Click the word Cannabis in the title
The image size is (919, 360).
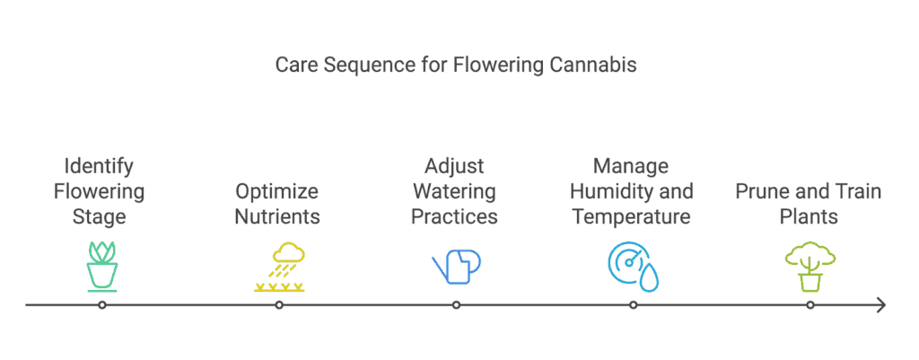(x=594, y=65)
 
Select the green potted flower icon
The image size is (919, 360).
(x=102, y=267)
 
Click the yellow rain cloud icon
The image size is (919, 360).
(x=280, y=268)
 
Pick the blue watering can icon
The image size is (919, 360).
(x=457, y=267)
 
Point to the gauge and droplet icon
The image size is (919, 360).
(x=633, y=267)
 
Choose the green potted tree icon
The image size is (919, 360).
(x=810, y=267)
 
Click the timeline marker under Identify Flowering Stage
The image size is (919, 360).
(x=102, y=305)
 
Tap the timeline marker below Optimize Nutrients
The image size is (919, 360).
(x=280, y=305)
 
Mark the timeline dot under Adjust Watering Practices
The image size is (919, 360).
(x=457, y=305)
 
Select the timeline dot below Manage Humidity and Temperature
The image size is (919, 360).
(x=633, y=305)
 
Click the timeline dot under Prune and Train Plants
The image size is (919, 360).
(x=810, y=305)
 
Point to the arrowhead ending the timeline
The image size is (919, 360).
(x=881, y=305)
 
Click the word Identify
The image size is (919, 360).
(x=99, y=167)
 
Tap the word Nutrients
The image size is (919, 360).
(x=278, y=216)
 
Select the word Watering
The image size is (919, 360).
(x=454, y=191)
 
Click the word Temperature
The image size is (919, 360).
(x=631, y=217)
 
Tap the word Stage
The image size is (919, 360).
(x=99, y=217)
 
